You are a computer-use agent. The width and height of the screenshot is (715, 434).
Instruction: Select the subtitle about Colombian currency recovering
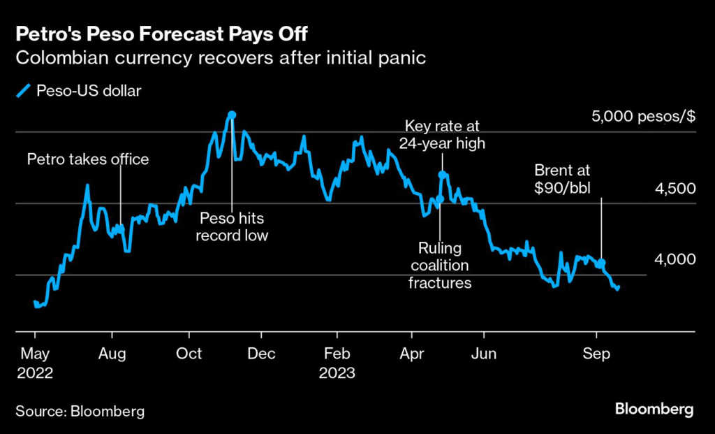pyautogui.click(x=221, y=58)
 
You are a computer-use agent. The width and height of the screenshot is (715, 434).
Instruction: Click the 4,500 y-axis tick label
pyautogui.click(x=675, y=188)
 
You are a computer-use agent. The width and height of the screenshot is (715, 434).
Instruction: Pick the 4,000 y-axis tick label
pyautogui.click(x=675, y=259)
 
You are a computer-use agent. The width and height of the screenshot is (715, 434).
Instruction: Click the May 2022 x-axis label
pyautogui.click(x=34, y=362)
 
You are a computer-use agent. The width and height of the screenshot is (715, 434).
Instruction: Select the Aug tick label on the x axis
pyautogui.click(x=112, y=354)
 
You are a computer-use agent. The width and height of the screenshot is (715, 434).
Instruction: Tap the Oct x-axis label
pyautogui.click(x=189, y=354)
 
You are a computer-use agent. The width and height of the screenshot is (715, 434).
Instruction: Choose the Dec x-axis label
pyautogui.click(x=262, y=354)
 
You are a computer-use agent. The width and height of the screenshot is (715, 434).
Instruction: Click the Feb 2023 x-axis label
pyautogui.click(x=337, y=362)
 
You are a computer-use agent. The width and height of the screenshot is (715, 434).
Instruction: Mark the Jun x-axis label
pyautogui.click(x=483, y=354)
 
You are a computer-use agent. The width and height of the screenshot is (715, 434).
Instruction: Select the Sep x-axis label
pyautogui.click(x=596, y=354)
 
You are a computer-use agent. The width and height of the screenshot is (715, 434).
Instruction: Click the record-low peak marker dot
pyautogui.click(x=232, y=115)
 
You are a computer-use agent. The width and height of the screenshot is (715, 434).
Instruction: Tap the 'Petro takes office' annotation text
pyautogui.click(x=88, y=159)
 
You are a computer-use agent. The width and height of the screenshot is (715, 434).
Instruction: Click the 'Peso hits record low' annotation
pyautogui.click(x=231, y=226)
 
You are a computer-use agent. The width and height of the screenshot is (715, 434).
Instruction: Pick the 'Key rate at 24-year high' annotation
pyautogui.click(x=442, y=134)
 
